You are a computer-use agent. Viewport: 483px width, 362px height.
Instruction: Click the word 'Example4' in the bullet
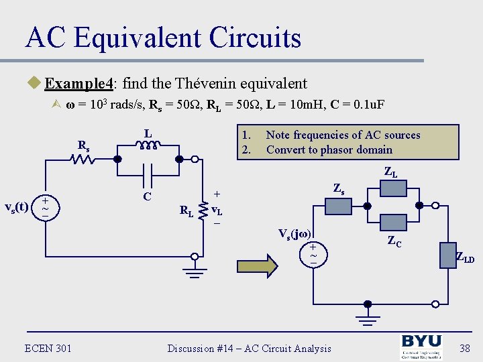click(x=78, y=84)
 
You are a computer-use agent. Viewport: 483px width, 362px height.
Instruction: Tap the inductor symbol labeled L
click(x=149, y=146)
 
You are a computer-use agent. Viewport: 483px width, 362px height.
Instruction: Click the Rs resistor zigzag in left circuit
click(x=83, y=160)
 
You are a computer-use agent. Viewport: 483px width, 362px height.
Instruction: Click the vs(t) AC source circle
click(x=45, y=206)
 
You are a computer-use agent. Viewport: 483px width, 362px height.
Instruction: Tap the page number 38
click(x=464, y=348)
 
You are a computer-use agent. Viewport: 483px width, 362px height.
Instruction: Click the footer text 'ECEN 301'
click(x=49, y=348)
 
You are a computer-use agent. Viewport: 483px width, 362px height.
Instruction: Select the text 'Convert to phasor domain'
click(x=329, y=149)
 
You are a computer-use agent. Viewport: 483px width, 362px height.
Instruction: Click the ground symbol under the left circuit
click(x=195, y=271)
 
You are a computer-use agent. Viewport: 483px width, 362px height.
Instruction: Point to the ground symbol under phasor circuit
click(x=366, y=315)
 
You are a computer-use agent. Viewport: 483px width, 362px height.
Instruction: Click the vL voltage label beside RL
click(x=217, y=209)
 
